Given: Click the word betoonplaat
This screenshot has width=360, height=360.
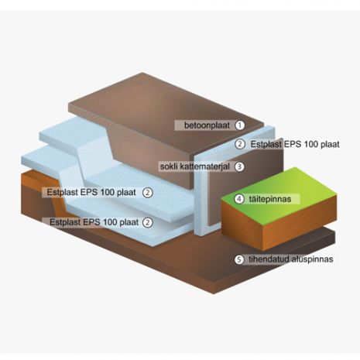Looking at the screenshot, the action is coord(207,125).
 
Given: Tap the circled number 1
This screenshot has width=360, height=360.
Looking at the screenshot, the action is coord(240,125).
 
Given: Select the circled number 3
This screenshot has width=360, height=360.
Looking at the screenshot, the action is coord(239,166).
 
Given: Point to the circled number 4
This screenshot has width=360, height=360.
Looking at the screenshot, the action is coord(239,199).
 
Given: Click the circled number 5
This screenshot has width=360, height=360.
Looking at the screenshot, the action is coord(239,259).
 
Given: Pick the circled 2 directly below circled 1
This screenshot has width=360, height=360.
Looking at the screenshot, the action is coord(240,144).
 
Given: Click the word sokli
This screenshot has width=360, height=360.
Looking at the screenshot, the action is coord(169,166).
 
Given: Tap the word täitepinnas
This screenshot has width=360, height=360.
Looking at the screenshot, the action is coord(270,199).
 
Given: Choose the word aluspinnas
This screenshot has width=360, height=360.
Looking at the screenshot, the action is coord(312,259).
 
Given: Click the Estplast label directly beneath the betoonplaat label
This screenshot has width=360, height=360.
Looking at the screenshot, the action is coord(266,144).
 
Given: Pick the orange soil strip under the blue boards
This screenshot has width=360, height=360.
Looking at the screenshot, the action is coord(39,178).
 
